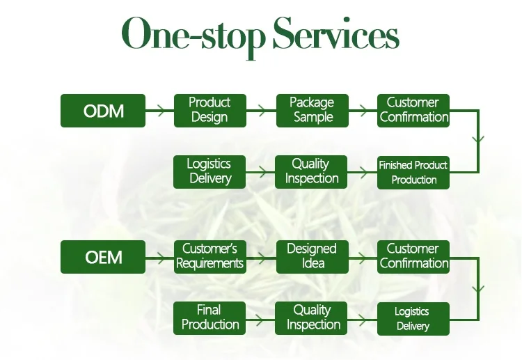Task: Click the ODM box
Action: coord(103,111)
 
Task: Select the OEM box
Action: coord(103,257)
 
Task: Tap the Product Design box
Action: coord(210,111)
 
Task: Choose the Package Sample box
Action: coord(313,111)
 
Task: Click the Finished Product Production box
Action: coord(413,173)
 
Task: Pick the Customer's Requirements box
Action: coord(210,257)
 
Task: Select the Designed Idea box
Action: coord(313,257)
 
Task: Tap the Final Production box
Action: coord(209,318)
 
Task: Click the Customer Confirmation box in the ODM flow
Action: coord(413,111)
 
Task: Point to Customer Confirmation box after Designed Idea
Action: coord(413,257)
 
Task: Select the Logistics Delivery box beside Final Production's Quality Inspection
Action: coord(413,319)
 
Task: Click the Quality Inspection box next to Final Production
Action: coord(311,318)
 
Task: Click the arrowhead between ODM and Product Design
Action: coord(161,110)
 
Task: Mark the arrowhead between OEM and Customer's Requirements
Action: coord(161,258)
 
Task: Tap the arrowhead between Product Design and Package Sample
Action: coord(262,110)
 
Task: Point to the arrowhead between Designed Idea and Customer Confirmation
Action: coord(363,258)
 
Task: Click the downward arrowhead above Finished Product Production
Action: coord(478,139)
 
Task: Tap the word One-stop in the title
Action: coord(193,37)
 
